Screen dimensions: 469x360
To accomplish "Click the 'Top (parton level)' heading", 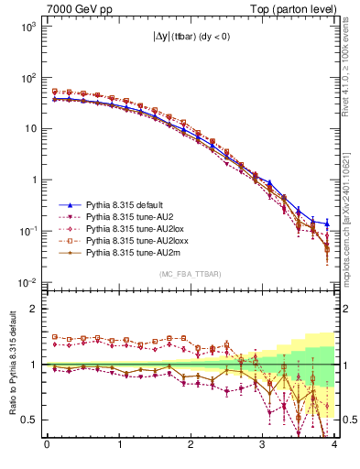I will coord(290,8).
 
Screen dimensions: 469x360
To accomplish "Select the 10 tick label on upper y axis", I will coord(31,128).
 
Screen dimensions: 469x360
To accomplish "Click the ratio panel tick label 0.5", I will coord(29,420).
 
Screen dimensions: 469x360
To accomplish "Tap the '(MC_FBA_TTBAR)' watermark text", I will coord(190,273).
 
